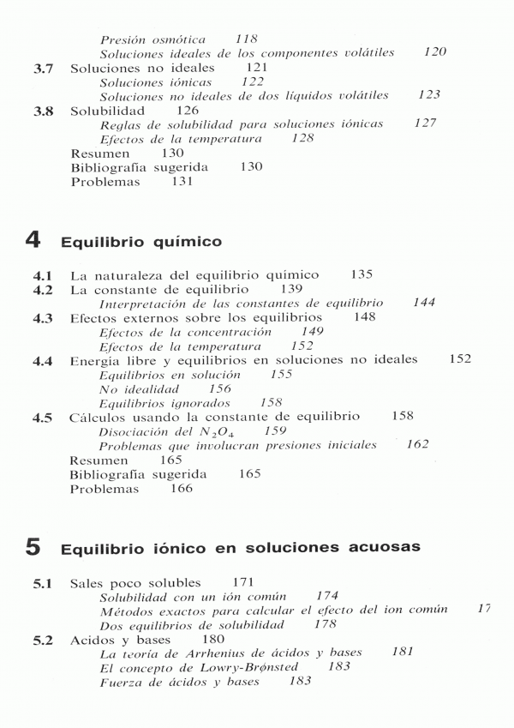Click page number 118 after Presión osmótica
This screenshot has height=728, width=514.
(247, 39)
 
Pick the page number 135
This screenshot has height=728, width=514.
(362, 275)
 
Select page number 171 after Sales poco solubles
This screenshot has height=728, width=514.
(244, 583)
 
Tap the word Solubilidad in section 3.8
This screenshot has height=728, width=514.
(108, 111)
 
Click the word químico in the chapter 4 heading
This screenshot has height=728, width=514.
(174, 243)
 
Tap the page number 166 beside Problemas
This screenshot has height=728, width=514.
(182, 489)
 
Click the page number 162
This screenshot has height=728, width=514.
(417, 445)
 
